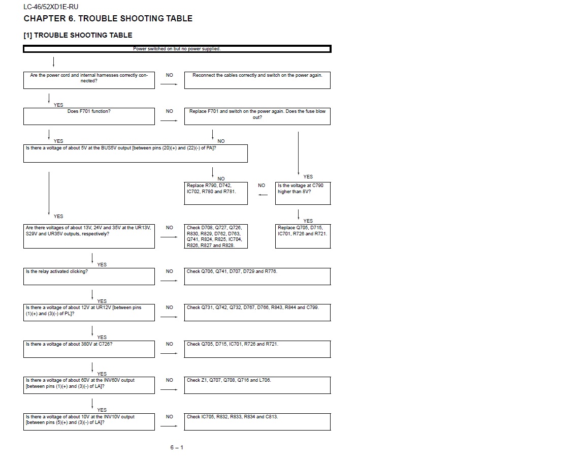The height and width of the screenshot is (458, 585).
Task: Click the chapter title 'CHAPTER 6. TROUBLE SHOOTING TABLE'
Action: click(x=108, y=18)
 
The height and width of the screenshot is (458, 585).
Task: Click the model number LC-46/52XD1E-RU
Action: click(x=51, y=7)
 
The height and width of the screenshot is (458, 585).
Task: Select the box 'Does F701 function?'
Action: click(x=89, y=116)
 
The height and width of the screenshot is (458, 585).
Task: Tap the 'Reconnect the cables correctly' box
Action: click(x=257, y=80)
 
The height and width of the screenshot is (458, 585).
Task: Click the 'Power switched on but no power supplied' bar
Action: click(x=177, y=49)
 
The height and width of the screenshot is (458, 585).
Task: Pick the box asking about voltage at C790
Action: click(x=303, y=193)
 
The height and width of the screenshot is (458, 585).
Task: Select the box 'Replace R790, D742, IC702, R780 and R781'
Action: click(x=216, y=193)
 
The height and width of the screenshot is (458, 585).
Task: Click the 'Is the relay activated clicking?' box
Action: click(x=89, y=276)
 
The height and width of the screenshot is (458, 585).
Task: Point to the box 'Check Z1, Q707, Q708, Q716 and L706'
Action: click(x=257, y=385)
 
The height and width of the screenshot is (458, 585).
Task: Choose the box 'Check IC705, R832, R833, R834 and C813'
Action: click(x=257, y=421)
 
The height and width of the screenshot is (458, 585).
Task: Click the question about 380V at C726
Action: click(x=89, y=348)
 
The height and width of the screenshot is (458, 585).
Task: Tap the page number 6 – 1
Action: click(x=177, y=447)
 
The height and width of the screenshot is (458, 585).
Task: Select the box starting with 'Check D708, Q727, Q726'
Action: click(x=216, y=236)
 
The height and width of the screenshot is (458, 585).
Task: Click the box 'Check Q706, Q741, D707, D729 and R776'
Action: click(x=257, y=276)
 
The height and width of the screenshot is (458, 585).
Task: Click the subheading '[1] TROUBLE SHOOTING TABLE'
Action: click(x=78, y=35)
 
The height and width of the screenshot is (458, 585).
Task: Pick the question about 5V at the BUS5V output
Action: click(x=136, y=153)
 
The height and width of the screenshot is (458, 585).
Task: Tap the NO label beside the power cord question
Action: click(x=169, y=75)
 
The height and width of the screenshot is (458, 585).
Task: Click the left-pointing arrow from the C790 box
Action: click(x=263, y=195)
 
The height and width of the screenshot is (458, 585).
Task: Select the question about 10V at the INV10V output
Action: click(x=89, y=421)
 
